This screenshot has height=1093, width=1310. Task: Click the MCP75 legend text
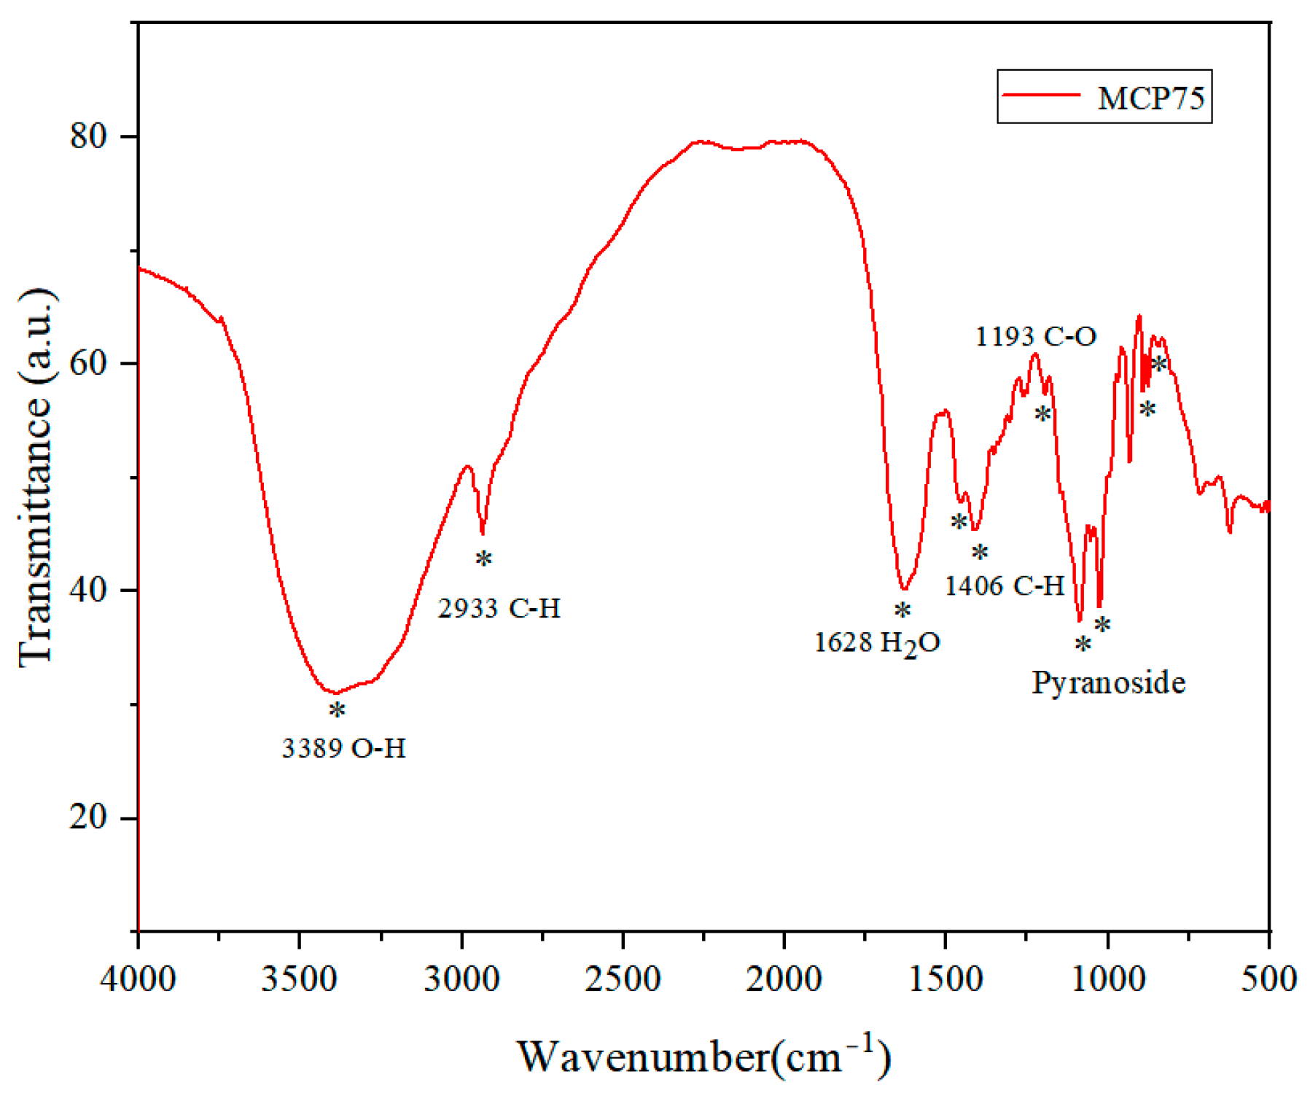(x=1151, y=98)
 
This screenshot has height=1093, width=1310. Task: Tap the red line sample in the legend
(x=1041, y=95)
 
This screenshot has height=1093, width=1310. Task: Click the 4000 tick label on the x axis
(x=138, y=979)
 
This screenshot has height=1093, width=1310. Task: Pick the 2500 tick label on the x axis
(x=623, y=979)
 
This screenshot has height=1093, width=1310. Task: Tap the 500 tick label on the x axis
(x=1269, y=979)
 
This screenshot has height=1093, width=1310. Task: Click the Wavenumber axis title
(x=704, y=1055)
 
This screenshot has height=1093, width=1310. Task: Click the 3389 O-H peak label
(x=343, y=748)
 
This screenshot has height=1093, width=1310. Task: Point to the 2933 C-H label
(x=499, y=607)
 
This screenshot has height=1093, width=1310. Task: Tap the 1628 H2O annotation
(x=877, y=642)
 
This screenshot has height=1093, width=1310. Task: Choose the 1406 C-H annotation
(x=1005, y=585)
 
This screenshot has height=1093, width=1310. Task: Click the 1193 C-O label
(x=1035, y=336)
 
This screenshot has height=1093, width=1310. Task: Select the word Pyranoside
(x=1108, y=682)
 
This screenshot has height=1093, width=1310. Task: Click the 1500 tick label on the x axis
(x=946, y=979)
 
